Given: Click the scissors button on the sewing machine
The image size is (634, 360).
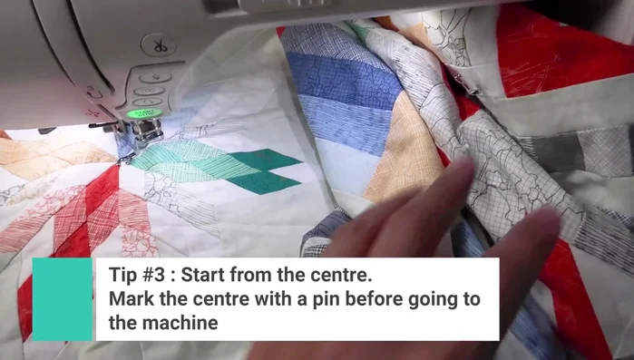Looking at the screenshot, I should point(158,45).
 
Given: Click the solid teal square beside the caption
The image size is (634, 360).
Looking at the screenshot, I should point(62,299).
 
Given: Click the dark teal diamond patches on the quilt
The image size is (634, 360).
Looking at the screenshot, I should point(264,171).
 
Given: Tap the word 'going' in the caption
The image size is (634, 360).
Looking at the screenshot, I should point(440,298).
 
